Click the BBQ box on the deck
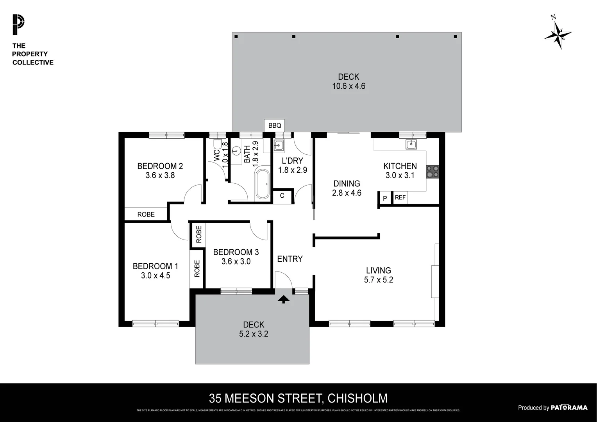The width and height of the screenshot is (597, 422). coord(274,125)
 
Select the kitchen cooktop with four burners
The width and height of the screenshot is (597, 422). coord(433,172)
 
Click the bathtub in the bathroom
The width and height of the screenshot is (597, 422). coord(262,184)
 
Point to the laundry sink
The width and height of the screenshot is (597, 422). coord(279,146)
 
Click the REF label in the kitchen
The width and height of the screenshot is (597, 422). coord(400,198)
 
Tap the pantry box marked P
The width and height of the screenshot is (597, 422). coord(385,198)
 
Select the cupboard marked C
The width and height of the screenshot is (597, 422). coord(282,196)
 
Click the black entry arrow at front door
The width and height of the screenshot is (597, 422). coord(284,299)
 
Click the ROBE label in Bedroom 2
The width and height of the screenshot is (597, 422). coord(146,215)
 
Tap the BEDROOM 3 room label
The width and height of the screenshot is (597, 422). coord(236,252)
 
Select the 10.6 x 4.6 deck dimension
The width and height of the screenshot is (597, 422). coord(349,86)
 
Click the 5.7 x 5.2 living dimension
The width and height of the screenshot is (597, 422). coord(378,280)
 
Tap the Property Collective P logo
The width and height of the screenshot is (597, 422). coord(18,25)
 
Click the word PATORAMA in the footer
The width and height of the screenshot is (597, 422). coord(569,408)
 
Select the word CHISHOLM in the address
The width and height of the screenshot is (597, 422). coord(357,398)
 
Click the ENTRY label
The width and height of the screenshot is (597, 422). coord(290,259)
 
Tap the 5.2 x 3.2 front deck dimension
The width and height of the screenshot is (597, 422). coord(254,334)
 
